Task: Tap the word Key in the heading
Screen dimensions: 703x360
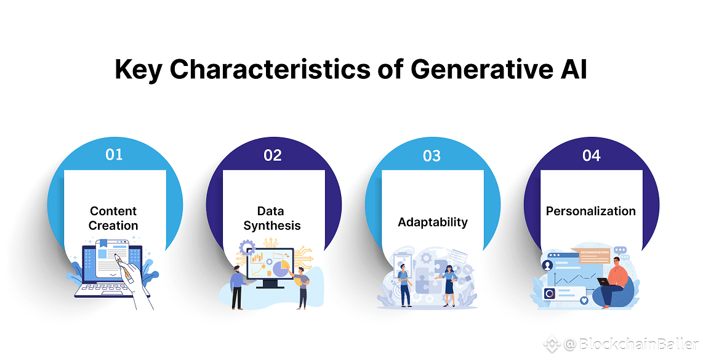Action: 138,70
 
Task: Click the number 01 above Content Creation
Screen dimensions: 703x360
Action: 114,154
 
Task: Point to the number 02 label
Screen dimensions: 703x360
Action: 273,155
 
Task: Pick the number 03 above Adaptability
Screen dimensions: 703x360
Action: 432,156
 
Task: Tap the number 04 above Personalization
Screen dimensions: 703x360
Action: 592,156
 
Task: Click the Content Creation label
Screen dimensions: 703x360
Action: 113,218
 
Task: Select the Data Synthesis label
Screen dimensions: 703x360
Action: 271,218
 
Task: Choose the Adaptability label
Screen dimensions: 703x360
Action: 433,222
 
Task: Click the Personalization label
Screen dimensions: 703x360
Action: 590,211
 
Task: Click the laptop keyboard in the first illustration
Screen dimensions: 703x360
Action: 105,288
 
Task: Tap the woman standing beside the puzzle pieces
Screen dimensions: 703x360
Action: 449,285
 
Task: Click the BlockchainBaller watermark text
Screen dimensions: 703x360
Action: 631,345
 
